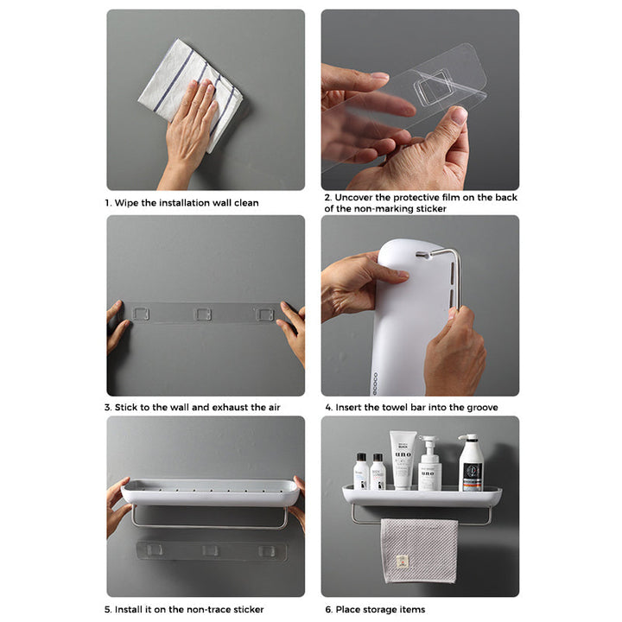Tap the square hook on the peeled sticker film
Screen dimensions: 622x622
pyautogui.click(x=433, y=87)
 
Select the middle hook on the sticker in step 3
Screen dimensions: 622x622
pyautogui.click(x=202, y=314)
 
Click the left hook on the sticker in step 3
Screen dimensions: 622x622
pyautogui.click(x=141, y=314)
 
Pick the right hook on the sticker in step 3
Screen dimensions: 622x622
pyautogui.click(x=264, y=314)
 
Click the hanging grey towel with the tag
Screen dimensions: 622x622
pyautogui.click(x=419, y=550)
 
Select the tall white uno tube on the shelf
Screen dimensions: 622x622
pyautogui.click(x=403, y=460)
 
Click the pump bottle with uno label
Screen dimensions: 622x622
pyautogui.click(x=429, y=463)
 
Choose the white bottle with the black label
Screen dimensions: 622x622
pyautogui.click(x=471, y=462)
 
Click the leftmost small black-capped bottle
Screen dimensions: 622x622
pyautogui.click(x=361, y=472)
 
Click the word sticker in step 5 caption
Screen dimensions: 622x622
pyautogui.click(x=248, y=609)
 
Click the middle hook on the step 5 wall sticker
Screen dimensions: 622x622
pyautogui.click(x=210, y=550)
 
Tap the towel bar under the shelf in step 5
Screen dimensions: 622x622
pyautogui.click(x=209, y=525)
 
